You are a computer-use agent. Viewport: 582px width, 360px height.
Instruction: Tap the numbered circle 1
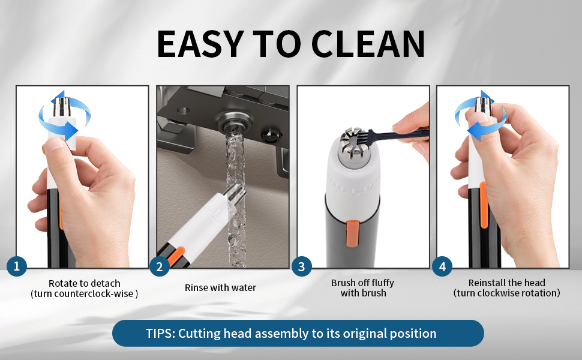pyautogui.click(x=16, y=266)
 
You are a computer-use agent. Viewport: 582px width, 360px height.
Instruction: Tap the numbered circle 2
pyautogui.click(x=159, y=266)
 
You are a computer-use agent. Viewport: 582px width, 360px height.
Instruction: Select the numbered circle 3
pyautogui.click(x=301, y=266)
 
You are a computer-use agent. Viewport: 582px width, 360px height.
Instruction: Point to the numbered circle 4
pyautogui.click(x=442, y=266)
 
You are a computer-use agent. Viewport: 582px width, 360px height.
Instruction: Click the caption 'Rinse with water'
pyautogui.click(x=220, y=288)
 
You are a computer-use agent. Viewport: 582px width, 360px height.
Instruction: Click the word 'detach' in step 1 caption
pyautogui.click(x=106, y=283)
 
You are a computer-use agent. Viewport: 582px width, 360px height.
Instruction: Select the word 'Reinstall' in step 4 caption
pyautogui.click(x=488, y=283)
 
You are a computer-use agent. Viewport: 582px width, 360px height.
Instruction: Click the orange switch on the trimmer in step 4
pyautogui.click(x=484, y=196)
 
